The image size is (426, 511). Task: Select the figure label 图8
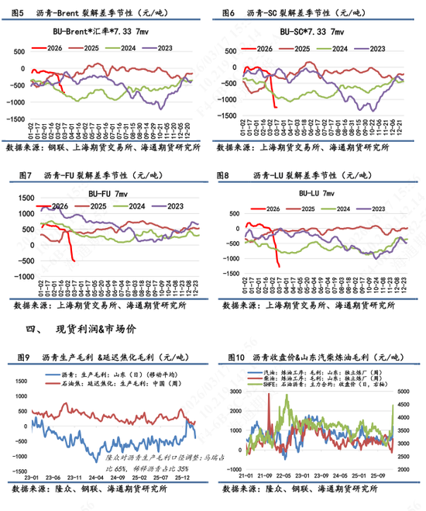[227, 176]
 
